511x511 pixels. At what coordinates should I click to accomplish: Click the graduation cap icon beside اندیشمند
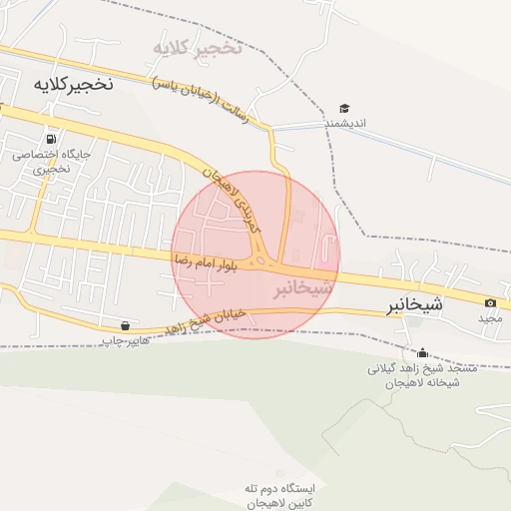point(344,108)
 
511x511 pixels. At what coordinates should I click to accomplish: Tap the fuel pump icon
point(51,139)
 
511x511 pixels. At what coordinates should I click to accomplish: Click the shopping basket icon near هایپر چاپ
point(125,325)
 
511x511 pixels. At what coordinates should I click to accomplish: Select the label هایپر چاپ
point(124,341)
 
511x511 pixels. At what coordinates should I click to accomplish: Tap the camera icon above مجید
point(490,303)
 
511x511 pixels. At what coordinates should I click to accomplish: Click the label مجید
point(488,318)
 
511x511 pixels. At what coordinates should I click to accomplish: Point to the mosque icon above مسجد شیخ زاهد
point(422,352)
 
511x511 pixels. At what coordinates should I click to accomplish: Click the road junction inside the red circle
point(262,261)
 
